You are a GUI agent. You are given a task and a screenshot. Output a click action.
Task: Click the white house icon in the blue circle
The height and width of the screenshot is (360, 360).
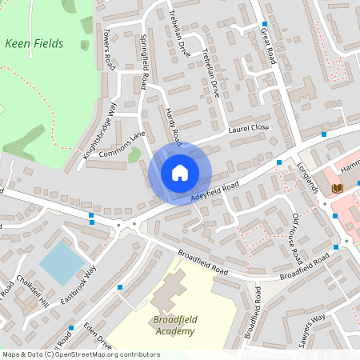click(x=180, y=173)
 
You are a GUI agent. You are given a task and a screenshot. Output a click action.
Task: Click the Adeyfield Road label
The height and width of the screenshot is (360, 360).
click(x=215, y=190)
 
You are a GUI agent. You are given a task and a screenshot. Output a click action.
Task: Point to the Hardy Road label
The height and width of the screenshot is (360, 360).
click(x=174, y=126)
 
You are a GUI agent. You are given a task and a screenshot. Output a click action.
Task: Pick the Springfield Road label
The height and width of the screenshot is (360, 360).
click(x=145, y=61)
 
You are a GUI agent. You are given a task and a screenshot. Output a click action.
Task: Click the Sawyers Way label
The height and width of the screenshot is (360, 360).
click(x=311, y=329)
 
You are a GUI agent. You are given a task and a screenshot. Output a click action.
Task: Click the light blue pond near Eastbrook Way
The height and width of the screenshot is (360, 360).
click(x=62, y=262)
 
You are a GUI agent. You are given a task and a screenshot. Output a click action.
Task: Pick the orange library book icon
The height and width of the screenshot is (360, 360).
click(x=338, y=187)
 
